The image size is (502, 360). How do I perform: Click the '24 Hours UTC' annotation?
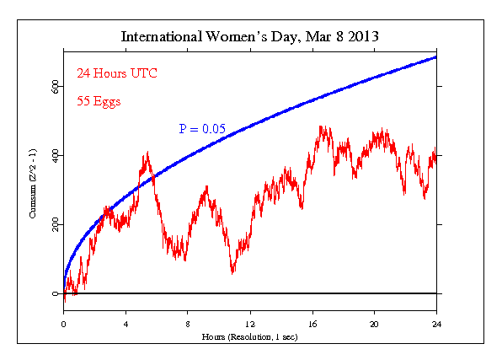117,73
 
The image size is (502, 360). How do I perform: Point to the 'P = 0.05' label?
202,128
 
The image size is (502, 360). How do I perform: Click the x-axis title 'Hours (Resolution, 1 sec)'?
251,336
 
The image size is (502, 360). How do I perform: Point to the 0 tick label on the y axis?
56,294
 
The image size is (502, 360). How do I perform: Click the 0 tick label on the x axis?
63,323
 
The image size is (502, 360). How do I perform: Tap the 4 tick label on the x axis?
125,323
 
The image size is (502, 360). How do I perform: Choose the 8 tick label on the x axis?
188,323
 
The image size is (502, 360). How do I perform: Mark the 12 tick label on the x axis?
250,323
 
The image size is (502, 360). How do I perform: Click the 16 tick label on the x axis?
312,323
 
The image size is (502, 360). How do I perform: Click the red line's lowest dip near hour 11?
232,272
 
